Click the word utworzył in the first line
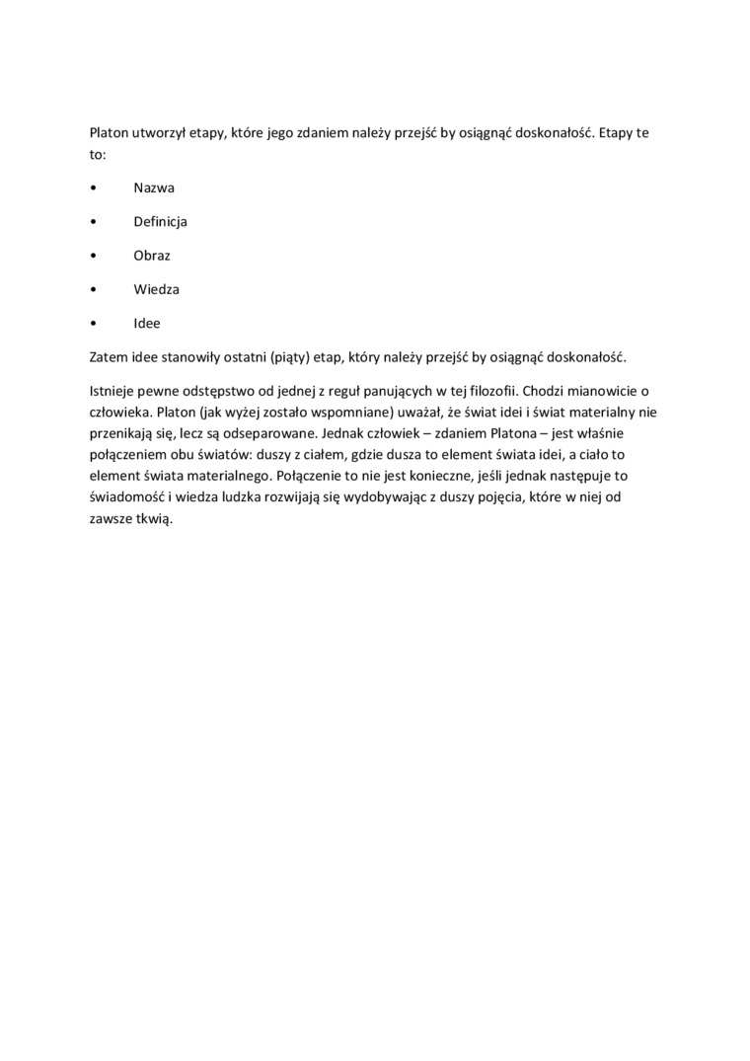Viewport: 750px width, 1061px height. (x=157, y=132)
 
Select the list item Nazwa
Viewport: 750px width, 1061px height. (x=154, y=188)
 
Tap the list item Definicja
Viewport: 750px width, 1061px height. (x=161, y=221)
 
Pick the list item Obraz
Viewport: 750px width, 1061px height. (x=153, y=255)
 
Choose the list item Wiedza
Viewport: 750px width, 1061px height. (x=157, y=289)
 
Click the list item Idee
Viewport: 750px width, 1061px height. (x=147, y=323)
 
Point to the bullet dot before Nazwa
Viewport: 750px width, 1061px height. (x=93, y=188)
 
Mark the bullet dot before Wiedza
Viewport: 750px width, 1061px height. (x=93, y=289)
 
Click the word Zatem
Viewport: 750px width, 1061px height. (x=107, y=356)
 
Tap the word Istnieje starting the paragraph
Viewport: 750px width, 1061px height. (x=113, y=392)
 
